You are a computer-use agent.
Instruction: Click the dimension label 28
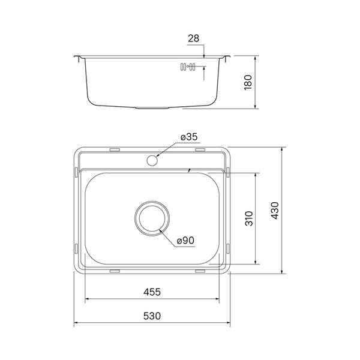pyautogui.click(x=193, y=38)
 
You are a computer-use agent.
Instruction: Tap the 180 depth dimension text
pyautogui.click(x=248, y=82)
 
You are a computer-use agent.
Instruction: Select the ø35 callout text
pyautogui.click(x=189, y=137)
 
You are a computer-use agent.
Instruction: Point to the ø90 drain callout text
pyautogui.click(x=185, y=241)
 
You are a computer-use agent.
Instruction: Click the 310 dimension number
pyautogui.click(x=249, y=218)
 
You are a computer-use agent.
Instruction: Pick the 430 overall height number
pyautogui.click(x=275, y=211)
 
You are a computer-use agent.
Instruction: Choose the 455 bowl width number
pyautogui.click(x=152, y=292)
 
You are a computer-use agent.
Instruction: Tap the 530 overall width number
pyautogui.click(x=152, y=316)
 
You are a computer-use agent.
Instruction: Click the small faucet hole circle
pyautogui.click(x=152, y=160)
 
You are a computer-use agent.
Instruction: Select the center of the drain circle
pyautogui.click(x=152, y=218)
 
